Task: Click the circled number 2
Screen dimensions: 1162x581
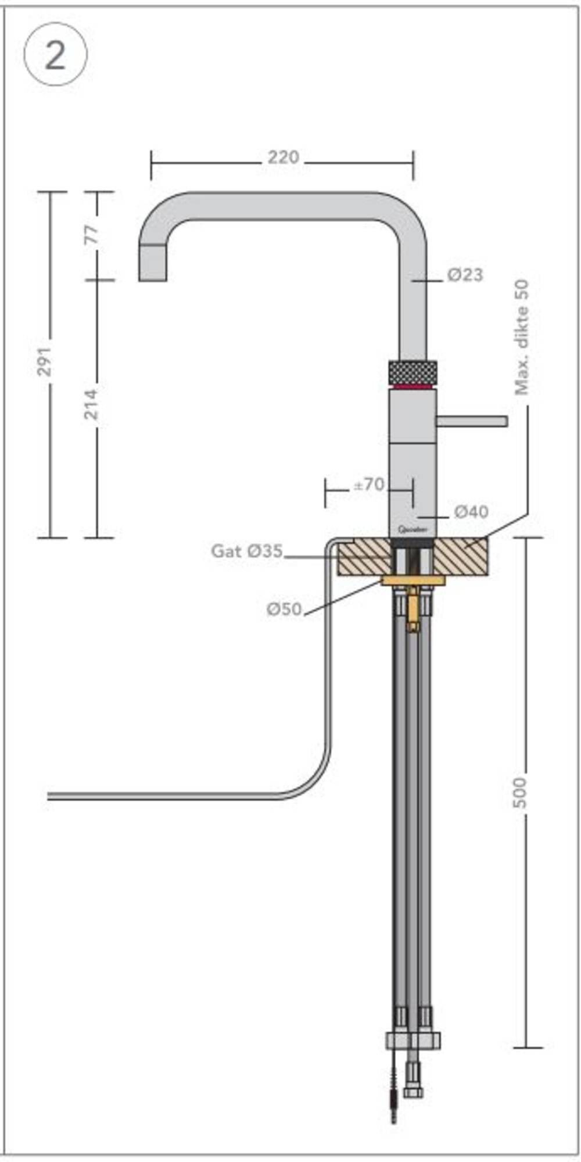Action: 55,55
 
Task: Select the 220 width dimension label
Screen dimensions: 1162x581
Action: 283,157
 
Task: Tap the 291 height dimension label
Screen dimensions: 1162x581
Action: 45,361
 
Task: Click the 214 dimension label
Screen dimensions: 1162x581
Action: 92,404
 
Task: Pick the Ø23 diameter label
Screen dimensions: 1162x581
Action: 465,275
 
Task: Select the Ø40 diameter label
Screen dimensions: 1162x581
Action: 471,512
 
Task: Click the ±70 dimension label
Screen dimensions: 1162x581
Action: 370,484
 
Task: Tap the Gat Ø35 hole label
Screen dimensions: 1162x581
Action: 247,551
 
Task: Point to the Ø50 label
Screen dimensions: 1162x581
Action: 284,609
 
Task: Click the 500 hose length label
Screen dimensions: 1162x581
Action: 520,791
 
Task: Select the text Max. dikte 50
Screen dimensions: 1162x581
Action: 522,338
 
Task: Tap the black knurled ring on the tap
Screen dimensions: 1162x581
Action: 412,371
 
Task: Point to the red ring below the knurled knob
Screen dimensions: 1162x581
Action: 412,386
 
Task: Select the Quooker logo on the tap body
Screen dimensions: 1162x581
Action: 413,529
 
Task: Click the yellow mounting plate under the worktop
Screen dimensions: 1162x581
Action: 413,580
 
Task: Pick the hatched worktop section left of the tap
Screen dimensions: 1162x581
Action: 364,557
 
